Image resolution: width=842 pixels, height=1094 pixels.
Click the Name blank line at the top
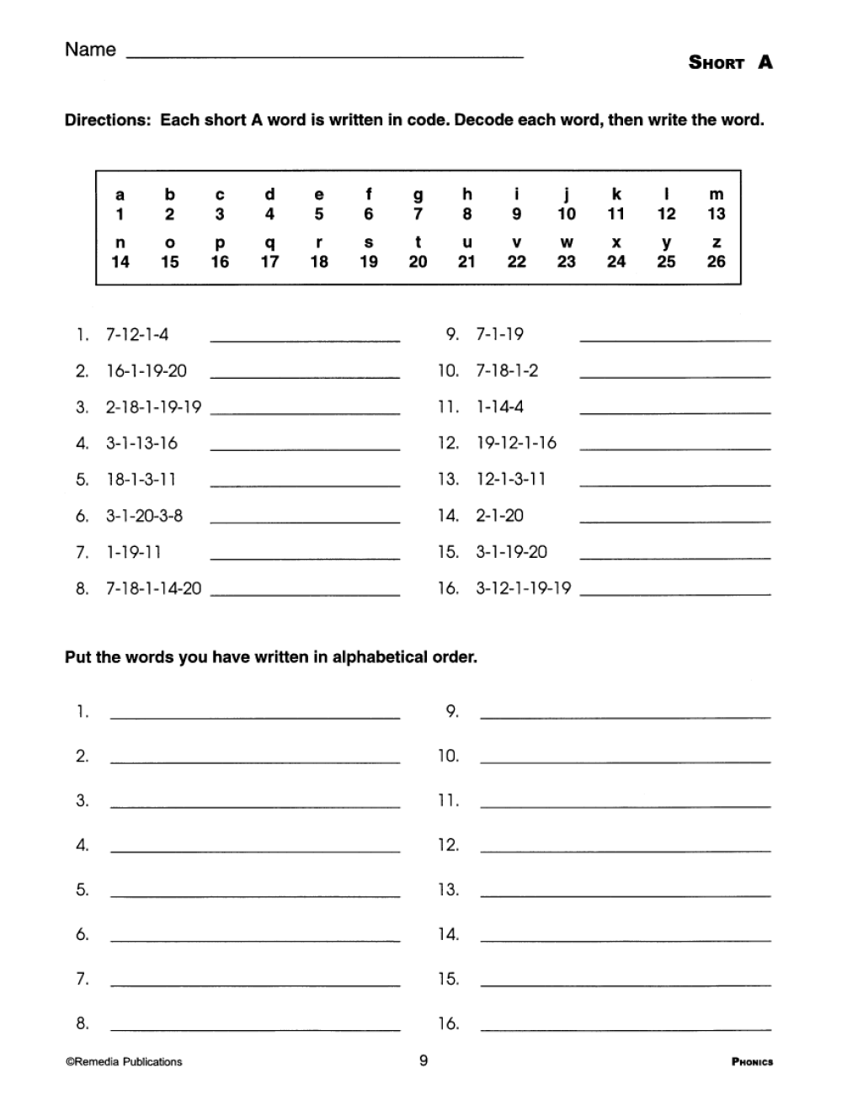point(324,56)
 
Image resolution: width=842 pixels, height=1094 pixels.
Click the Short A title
point(730,62)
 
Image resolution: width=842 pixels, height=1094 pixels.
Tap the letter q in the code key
point(269,242)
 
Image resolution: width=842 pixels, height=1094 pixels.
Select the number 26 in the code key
point(716,262)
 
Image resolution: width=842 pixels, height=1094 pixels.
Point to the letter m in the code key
point(716,194)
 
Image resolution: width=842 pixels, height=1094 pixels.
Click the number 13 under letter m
point(716,214)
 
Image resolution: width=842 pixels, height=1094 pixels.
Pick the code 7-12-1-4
point(136,334)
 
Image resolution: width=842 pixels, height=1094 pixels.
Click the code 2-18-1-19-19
point(153,407)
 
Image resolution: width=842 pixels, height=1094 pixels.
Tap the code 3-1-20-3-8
point(144,516)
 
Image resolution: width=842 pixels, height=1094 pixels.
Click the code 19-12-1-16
point(516,443)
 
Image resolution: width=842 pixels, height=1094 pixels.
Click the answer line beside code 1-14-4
point(674,412)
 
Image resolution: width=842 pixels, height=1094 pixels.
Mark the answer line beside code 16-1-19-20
point(305,375)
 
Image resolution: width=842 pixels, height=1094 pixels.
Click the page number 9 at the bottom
point(424,1060)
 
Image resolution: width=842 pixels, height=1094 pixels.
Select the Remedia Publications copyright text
point(124,1062)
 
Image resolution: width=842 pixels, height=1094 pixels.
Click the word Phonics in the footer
point(752,1062)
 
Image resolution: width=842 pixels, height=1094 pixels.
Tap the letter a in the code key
point(120,194)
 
